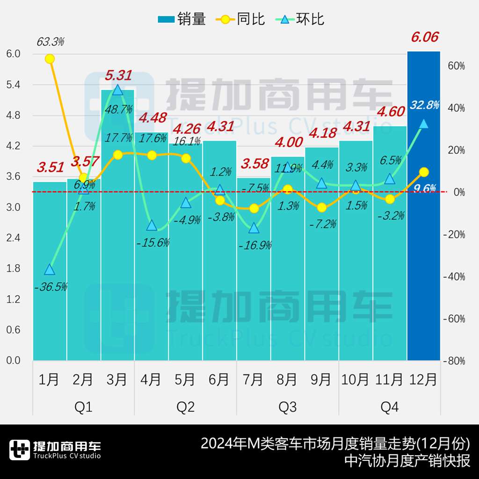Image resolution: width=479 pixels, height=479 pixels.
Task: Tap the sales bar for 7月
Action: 254,281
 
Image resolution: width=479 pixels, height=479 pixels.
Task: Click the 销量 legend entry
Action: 182,19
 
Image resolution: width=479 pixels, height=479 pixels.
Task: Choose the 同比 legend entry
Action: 241,19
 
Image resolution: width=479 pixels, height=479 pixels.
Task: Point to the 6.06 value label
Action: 424,37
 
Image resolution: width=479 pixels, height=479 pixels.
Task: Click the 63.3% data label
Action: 50,42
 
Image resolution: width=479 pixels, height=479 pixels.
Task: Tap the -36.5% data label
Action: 51,287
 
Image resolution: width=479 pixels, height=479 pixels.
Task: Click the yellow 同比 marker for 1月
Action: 50,58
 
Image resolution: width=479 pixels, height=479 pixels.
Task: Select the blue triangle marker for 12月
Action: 424,123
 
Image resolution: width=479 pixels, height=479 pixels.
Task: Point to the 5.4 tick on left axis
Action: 14,85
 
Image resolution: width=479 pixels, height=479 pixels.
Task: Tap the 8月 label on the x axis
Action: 287,379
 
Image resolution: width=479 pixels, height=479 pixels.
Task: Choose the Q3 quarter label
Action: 287,407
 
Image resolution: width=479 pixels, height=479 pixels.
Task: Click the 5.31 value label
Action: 118,75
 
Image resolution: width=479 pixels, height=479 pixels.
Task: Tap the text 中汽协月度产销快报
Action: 407,461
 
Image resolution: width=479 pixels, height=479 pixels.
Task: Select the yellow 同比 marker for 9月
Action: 321,208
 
